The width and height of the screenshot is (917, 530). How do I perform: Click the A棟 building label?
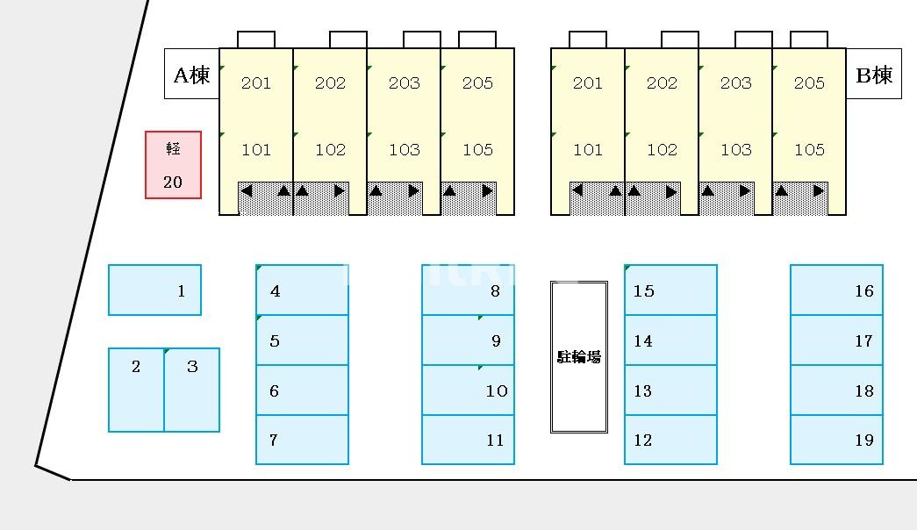[191, 75]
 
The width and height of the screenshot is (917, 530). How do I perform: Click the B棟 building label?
[873, 75]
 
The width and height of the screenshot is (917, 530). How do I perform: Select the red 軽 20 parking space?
[173, 165]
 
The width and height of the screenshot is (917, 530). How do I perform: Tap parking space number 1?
[154, 290]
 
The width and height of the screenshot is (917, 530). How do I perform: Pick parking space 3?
[192, 390]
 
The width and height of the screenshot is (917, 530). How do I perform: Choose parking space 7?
[302, 440]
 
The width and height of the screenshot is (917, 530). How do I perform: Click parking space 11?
[468, 440]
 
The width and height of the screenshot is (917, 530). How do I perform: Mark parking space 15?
[670, 290]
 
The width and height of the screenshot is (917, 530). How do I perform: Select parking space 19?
[836, 440]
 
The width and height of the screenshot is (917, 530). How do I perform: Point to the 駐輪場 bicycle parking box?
[579, 356]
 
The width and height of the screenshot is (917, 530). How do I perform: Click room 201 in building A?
[255, 83]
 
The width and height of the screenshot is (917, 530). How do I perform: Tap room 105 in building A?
[477, 149]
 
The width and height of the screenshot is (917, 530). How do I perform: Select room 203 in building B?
[735, 83]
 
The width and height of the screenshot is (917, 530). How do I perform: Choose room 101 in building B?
[588, 149]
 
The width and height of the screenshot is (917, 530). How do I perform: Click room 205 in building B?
[809, 83]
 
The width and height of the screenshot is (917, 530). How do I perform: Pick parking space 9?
[468, 340]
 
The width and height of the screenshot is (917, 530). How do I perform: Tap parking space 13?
[670, 390]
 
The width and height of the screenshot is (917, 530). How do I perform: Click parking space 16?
[836, 290]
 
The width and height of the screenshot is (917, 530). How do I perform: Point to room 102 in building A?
[330, 149]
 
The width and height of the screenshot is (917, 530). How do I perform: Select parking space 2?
[136, 390]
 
